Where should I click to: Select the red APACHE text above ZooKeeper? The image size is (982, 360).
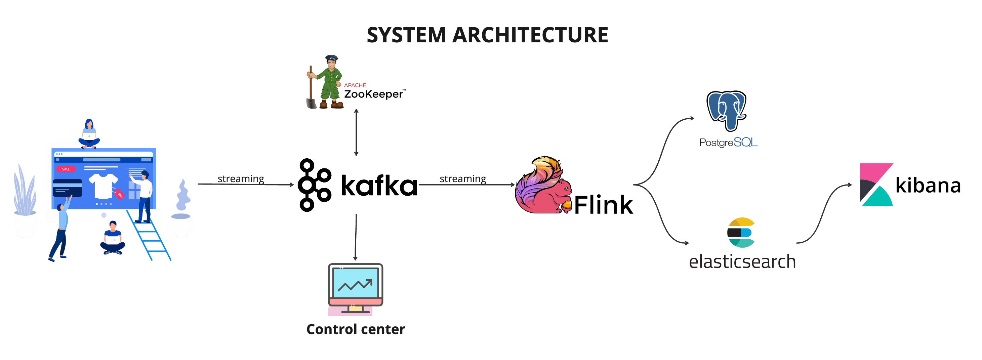(x=355, y=85)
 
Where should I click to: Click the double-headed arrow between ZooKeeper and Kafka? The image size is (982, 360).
(x=356, y=132)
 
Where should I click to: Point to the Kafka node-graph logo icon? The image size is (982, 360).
(x=314, y=185)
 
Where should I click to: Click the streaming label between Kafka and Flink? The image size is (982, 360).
(x=462, y=178)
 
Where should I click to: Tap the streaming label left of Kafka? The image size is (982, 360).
(x=241, y=178)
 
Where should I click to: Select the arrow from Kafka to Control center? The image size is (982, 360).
(x=356, y=236)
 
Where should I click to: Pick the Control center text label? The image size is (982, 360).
(x=355, y=329)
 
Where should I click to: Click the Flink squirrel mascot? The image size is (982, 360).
(x=543, y=187)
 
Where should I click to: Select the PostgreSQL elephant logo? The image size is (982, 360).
(x=727, y=110)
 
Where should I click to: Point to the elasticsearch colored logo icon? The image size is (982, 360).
(x=741, y=232)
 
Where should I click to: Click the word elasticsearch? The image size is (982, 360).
(x=742, y=262)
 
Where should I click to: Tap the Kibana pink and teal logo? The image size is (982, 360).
(x=876, y=185)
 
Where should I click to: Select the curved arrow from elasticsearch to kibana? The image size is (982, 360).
(x=823, y=213)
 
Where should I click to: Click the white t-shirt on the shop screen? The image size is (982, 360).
(x=103, y=186)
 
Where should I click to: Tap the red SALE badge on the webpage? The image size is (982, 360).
(x=66, y=169)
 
